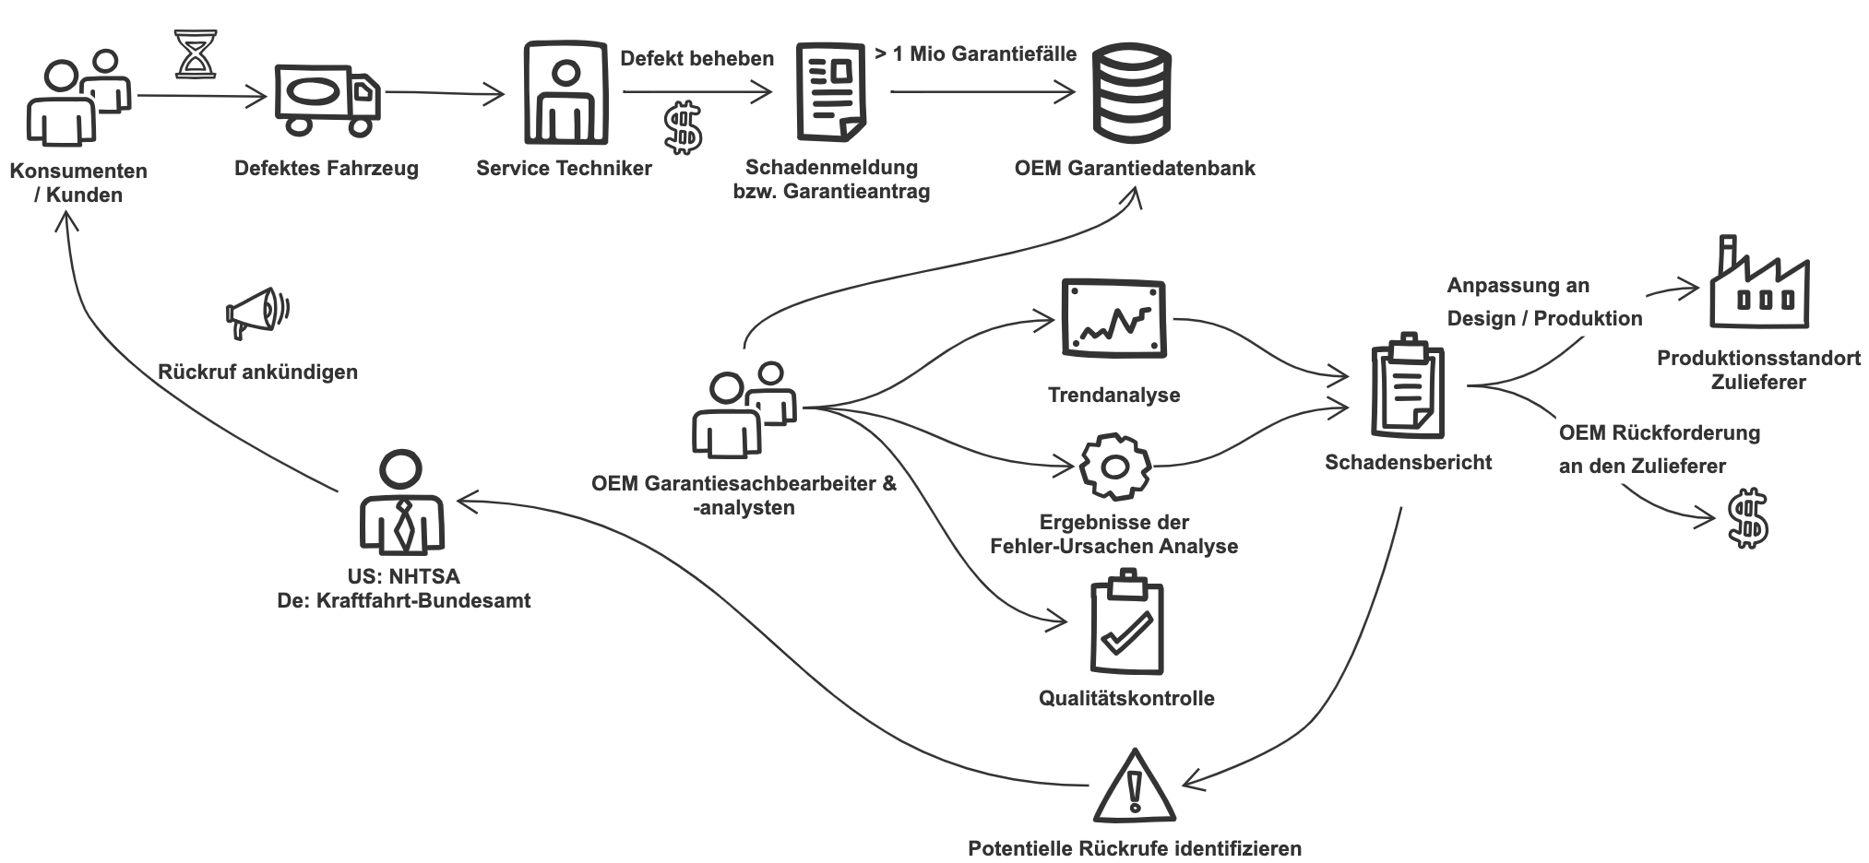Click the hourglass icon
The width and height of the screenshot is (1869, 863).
click(196, 53)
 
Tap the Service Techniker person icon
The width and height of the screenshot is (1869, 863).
click(565, 92)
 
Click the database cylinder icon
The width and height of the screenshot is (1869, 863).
click(1131, 92)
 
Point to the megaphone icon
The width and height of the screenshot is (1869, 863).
click(257, 313)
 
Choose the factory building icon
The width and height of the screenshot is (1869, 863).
click(1758, 282)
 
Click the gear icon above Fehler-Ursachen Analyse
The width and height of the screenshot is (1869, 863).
click(1114, 467)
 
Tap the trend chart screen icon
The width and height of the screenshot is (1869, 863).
click(1113, 319)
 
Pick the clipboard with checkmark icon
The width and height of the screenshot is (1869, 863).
click(1125, 622)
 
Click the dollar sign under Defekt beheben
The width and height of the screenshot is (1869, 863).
click(683, 127)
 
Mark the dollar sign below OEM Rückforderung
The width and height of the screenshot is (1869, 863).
click(1747, 519)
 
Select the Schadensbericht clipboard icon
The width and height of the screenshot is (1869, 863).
click(1407, 384)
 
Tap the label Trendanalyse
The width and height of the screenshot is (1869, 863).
click(1113, 395)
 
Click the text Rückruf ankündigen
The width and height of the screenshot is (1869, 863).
click(257, 372)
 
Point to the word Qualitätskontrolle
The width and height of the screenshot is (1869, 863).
click(1126, 698)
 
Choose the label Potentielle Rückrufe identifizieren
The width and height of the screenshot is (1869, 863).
click(1135, 848)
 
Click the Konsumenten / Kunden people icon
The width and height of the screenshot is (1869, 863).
click(77, 98)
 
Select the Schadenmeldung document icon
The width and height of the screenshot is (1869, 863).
click(830, 92)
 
